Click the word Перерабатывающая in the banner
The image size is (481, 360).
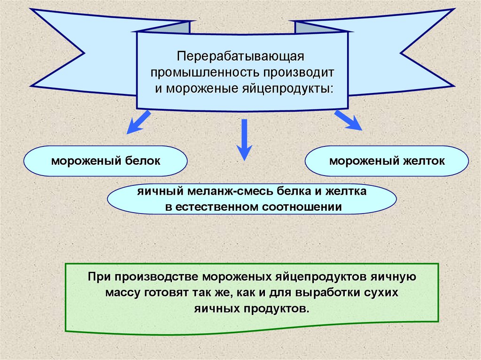coord(241,57)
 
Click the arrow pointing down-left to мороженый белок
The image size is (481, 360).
coord(138,122)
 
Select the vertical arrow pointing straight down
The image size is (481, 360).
coord(244,139)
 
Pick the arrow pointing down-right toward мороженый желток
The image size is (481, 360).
coord(348,121)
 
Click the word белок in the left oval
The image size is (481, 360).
coord(142,161)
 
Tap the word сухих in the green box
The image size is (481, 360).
coord(381,293)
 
